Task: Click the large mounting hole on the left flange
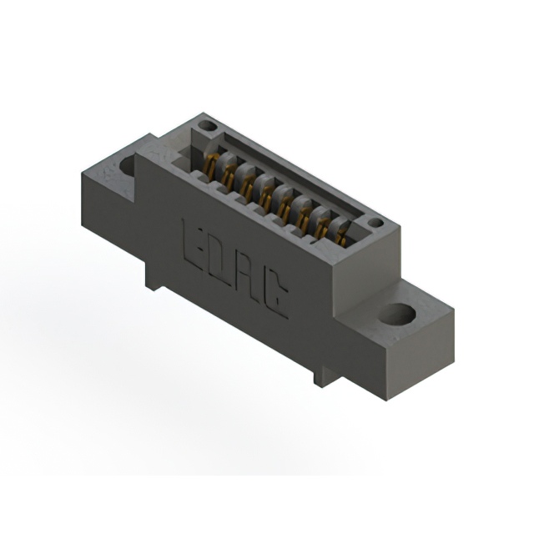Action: coord(128,167)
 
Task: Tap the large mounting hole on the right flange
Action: coord(398,314)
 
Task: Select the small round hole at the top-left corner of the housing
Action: coord(208,126)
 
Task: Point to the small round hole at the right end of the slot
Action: coord(376,223)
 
